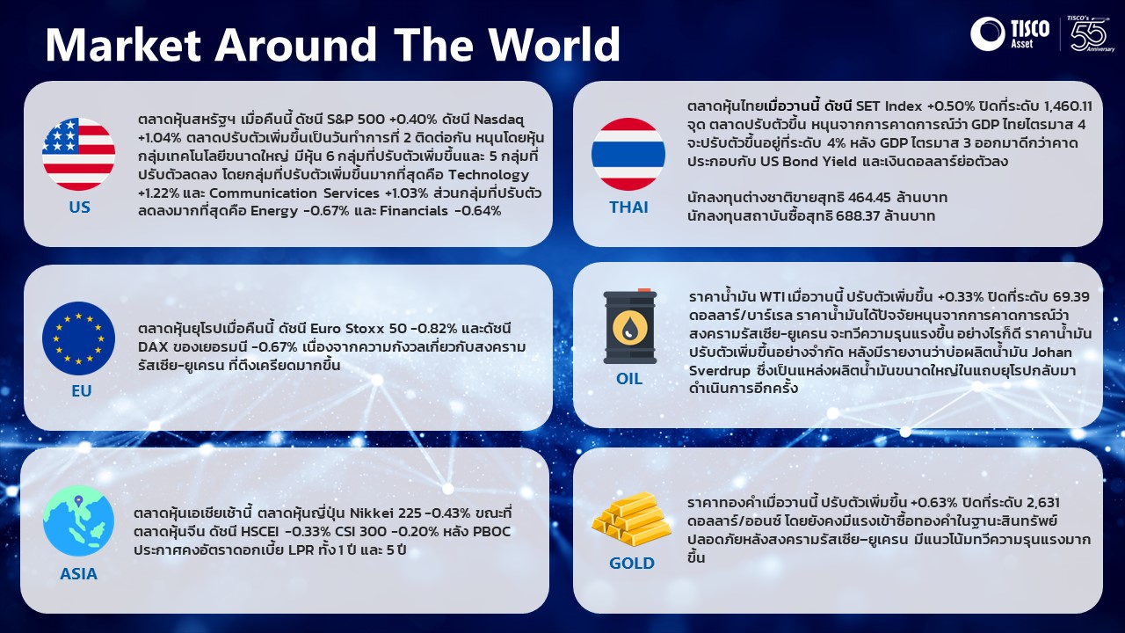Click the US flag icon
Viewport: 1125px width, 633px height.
[78, 154]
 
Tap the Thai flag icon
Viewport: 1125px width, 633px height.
[628, 154]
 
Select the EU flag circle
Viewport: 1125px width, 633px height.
[78, 338]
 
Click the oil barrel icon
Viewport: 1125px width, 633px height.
[630, 326]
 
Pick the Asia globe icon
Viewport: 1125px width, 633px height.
[78, 520]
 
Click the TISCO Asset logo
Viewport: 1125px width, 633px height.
[1010, 34]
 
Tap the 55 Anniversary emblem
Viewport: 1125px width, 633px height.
[1091, 33]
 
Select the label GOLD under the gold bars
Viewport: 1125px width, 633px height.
[632, 564]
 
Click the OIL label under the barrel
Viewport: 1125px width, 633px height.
[629, 378]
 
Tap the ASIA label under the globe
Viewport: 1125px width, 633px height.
[78, 574]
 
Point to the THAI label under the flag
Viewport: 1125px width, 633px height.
[628, 207]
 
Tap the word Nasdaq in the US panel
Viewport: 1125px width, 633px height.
[498, 120]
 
